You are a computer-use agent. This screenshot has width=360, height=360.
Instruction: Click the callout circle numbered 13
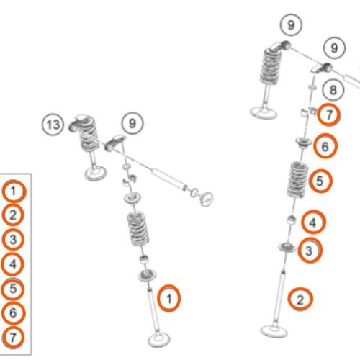click(53, 125)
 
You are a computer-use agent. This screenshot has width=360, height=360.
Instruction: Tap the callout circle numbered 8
click(333, 90)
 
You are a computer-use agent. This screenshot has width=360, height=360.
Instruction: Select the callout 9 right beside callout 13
click(132, 123)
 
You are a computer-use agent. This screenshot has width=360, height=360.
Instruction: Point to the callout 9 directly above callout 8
click(334, 48)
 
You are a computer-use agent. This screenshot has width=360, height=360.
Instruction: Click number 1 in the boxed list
click(13, 192)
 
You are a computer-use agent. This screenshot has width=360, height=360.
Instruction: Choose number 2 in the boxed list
click(13, 215)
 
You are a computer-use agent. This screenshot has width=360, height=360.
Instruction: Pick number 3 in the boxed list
click(13, 240)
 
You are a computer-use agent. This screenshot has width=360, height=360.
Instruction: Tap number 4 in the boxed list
click(13, 264)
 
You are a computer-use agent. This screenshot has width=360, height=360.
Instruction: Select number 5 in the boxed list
click(13, 289)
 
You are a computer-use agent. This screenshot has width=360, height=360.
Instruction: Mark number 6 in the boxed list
click(13, 313)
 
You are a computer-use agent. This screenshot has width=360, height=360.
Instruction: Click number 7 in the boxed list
click(13, 338)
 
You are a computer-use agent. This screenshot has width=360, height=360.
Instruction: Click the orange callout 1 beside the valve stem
click(168, 298)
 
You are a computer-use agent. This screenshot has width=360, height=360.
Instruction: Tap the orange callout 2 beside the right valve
click(300, 300)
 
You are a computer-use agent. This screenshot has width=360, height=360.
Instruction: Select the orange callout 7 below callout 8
click(329, 114)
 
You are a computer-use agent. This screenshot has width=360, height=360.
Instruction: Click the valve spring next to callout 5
click(297, 179)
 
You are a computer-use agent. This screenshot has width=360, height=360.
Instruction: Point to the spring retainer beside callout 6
click(304, 143)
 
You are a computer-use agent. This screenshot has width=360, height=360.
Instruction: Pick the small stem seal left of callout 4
click(292, 220)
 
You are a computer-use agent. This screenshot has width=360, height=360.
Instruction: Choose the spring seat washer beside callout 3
click(287, 247)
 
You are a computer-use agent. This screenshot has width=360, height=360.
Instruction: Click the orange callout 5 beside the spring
click(320, 181)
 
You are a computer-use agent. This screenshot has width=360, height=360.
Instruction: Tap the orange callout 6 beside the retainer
click(325, 146)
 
